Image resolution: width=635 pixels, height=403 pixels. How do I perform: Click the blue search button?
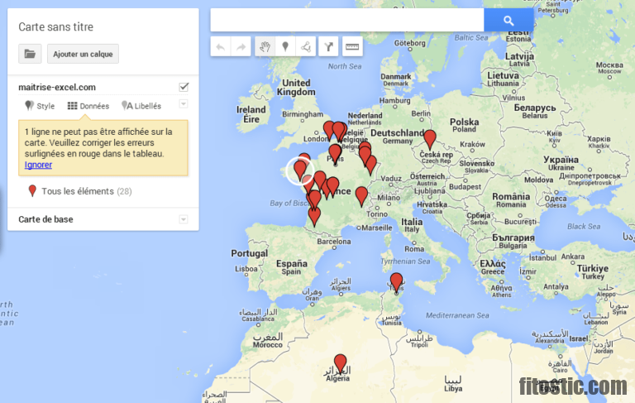508,21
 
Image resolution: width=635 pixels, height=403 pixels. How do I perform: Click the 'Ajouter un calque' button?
83,54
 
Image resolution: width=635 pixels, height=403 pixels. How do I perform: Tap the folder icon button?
30,54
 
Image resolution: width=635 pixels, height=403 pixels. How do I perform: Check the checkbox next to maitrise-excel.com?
184,87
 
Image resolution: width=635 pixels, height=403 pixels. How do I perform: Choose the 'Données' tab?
88,106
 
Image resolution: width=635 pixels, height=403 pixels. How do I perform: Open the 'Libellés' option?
141,106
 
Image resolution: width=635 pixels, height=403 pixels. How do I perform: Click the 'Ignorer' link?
38,165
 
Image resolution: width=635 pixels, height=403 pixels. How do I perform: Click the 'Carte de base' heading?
45,219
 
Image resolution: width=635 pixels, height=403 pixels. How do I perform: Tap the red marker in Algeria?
340,362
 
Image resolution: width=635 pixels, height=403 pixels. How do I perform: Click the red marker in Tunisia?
396,281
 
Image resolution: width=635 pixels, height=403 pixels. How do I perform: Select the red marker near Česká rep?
429,138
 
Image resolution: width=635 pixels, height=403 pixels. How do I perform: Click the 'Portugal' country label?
249,253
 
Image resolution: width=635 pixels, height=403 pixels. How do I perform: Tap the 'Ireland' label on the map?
251,109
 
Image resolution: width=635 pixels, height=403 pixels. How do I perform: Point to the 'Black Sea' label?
584,226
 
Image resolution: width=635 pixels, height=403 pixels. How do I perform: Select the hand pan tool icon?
265,46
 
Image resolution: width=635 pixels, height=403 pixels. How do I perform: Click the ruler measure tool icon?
352,46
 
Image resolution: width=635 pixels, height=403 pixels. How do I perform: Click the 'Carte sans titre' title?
55,26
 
